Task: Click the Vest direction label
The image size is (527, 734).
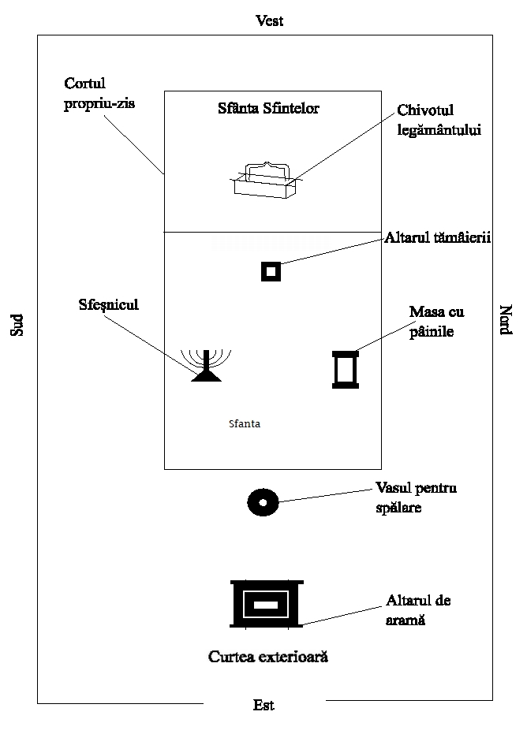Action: tap(269, 21)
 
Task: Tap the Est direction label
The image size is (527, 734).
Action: tap(263, 706)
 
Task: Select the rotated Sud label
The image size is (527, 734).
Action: tap(17, 326)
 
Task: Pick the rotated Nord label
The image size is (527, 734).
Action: tap(506, 321)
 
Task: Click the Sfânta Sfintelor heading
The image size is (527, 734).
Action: tap(268, 109)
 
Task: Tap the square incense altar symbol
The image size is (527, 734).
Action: tap(271, 271)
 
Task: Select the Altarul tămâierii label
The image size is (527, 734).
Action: tap(438, 237)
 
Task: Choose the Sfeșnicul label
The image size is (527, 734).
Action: tap(109, 304)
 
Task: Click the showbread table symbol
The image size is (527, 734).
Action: tap(346, 370)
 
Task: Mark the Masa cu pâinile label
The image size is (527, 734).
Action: tap(436, 322)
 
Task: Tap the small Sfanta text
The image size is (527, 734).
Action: tap(244, 423)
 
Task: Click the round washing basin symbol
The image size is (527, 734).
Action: tap(263, 502)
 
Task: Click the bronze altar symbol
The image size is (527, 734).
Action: tap(267, 605)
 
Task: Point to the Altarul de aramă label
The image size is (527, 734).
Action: tap(418, 610)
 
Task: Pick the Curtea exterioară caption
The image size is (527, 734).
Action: tap(267, 656)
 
